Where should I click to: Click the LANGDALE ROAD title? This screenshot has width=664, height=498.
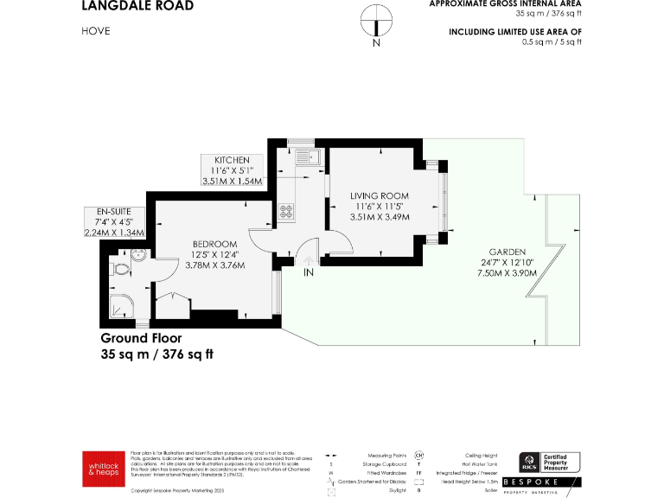click(137, 6)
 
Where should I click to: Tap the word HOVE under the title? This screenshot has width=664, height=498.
click(96, 31)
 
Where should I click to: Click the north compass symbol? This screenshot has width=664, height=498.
click(375, 22)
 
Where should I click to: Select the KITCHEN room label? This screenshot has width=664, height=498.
click(232, 160)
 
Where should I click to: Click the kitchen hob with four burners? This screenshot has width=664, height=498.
click(286, 209)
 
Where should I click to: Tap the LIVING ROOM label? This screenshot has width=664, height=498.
click(380, 196)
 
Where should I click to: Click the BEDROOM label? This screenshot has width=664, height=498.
click(214, 244)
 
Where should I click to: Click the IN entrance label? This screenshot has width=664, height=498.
click(308, 272)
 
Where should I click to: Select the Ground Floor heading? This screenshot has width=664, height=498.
click(141, 338)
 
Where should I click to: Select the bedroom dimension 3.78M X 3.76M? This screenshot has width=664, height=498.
click(214, 265)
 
